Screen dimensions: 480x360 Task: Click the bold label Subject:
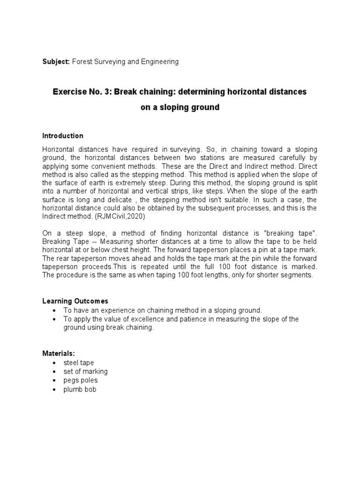point(56,62)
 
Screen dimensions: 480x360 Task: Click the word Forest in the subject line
point(82,62)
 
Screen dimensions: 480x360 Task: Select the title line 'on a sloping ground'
point(180,107)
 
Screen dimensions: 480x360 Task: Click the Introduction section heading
point(63,136)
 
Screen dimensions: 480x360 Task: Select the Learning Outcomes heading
point(75,301)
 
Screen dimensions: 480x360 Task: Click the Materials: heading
point(59,353)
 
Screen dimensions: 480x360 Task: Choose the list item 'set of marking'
point(86,372)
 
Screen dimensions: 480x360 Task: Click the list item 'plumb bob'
point(80,390)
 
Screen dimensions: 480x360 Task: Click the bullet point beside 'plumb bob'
point(56,390)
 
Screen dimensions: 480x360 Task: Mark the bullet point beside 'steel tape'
point(56,363)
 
